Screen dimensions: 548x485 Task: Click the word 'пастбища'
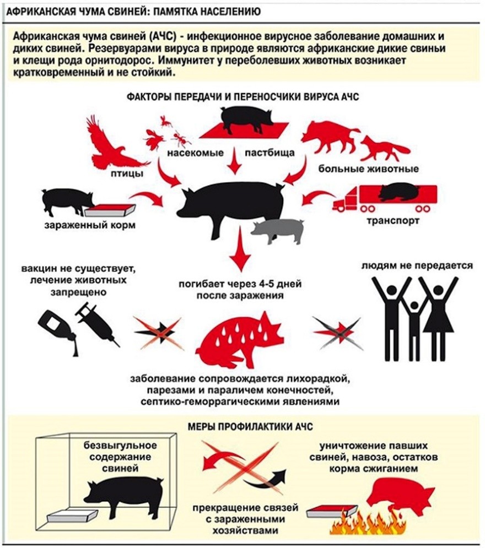click(258, 153)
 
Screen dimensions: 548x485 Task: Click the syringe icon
click(99, 325)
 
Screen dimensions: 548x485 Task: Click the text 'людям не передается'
click(417, 265)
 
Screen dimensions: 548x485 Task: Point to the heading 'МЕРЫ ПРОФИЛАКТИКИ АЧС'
click(242, 426)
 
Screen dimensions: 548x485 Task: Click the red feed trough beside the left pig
click(110, 210)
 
